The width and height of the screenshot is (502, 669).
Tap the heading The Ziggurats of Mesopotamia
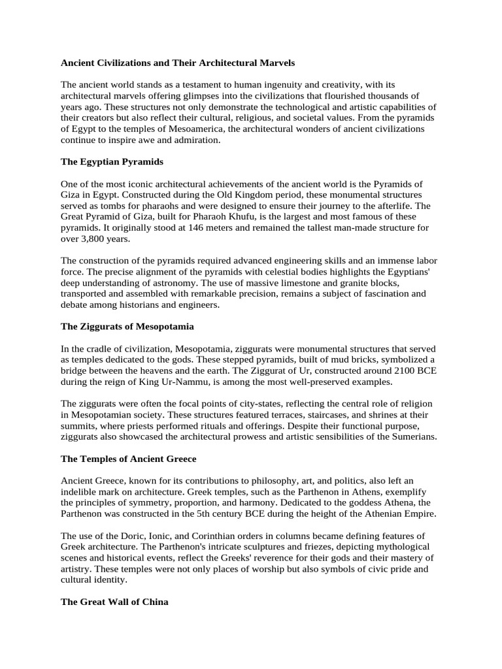coord(127,326)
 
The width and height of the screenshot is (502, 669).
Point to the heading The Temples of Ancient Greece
coord(129,459)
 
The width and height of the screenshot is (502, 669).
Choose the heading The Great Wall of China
coord(114,602)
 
